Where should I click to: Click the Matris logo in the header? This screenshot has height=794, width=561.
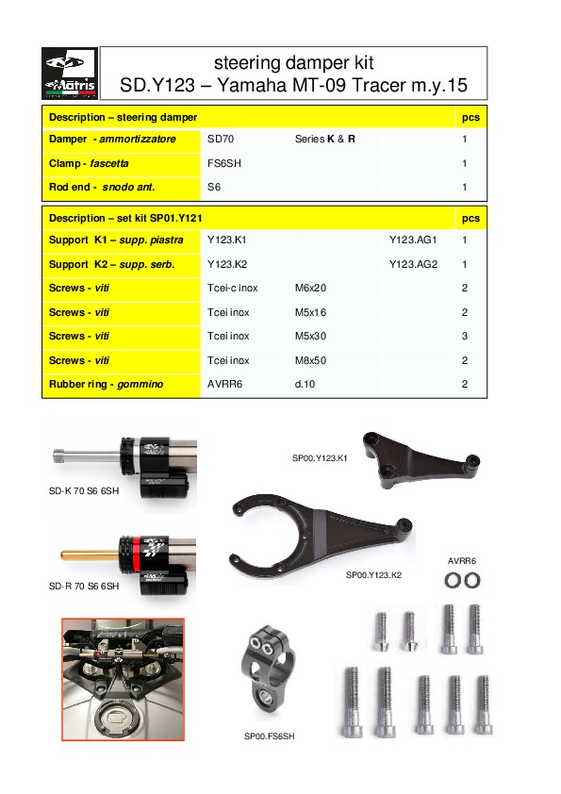(70, 74)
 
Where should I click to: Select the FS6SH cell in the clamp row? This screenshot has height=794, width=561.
(223, 163)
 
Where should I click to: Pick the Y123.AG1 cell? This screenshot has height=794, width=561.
(413, 240)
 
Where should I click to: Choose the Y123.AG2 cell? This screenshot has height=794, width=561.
(413, 264)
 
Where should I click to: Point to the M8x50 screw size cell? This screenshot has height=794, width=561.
(310, 360)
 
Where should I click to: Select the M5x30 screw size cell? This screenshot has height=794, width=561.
(310, 337)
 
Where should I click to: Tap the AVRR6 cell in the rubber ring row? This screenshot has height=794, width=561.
(224, 385)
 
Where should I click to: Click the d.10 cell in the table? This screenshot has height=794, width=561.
(305, 385)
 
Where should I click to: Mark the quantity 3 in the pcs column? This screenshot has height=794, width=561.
(466, 337)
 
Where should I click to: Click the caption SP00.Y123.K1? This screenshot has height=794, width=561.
(320, 458)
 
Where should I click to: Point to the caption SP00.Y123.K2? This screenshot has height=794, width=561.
(373, 574)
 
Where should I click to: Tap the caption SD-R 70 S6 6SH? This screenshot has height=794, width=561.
(84, 587)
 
